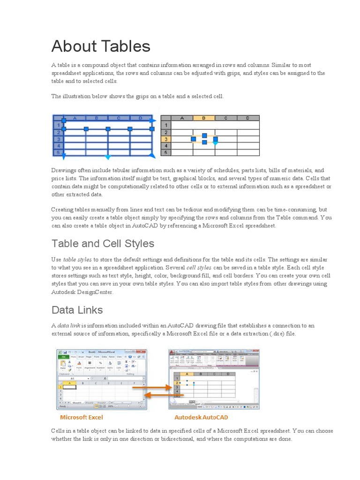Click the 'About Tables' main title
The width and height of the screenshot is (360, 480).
coord(101,46)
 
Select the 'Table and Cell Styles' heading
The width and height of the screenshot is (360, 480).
coord(103,244)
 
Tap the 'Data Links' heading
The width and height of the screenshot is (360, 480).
coord(77,310)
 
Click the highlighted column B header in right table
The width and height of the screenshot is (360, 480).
coord(204,118)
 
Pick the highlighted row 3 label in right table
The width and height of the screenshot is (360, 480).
coord(166,139)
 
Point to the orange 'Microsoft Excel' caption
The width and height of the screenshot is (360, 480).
coord(81,417)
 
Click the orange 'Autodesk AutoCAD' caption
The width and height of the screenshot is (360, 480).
coord(201,417)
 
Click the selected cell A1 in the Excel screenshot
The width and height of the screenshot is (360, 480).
coord(69,387)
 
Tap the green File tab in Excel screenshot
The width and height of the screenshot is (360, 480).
coord(62,357)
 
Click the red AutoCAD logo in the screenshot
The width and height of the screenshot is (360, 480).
coord(172,352)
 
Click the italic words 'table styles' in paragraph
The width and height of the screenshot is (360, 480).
coord(77,260)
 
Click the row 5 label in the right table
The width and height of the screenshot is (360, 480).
coord(166,152)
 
